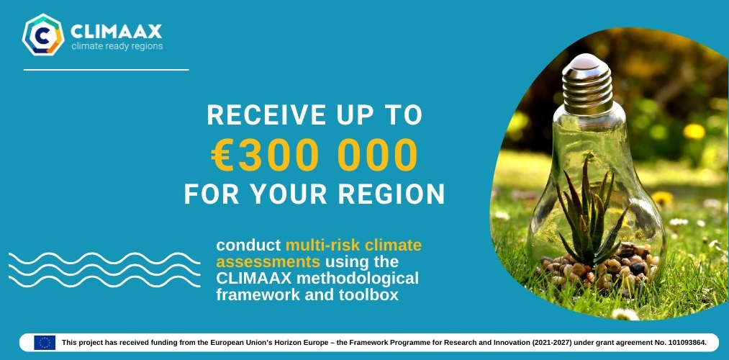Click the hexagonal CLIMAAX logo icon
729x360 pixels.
pos(42,35)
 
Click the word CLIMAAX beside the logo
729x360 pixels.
pos(117,32)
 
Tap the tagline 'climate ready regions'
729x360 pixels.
pos(117,46)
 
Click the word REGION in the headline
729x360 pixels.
pos(391,194)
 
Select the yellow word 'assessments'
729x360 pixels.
pos(268,262)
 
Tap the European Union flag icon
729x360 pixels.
pos(45,342)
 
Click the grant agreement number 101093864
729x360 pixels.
pos(683,343)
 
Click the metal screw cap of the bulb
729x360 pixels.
pos(587,82)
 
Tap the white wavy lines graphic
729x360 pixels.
pos(104,270)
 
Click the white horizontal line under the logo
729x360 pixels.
pos(107,70)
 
